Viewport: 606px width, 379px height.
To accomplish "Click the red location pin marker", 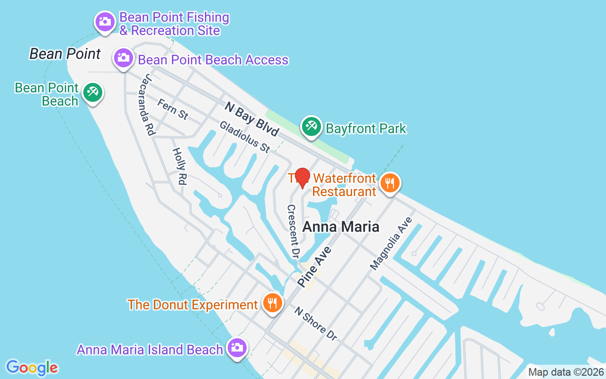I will pos(303,178).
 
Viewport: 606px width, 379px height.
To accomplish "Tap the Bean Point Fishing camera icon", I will pos(105,21).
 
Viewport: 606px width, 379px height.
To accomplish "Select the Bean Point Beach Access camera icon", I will pos(123,58).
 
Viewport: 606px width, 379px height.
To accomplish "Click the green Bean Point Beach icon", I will pos(92,92).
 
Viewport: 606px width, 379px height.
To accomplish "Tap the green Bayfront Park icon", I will pos(312,126).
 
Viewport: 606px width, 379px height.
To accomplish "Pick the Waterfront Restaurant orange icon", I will pos(390,182).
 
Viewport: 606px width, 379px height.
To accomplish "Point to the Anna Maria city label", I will pos(340,227).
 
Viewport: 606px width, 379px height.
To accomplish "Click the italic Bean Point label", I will pos(65,54).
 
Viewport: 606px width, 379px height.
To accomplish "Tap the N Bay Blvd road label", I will pos(251,119).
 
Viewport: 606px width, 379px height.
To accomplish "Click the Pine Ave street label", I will pos(314,266).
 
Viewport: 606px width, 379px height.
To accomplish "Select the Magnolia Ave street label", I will pos(392,244).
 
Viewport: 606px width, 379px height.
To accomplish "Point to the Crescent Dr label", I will pos(294,231).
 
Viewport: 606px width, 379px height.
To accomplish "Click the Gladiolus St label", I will pos(244,137).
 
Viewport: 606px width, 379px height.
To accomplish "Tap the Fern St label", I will pos(173,109).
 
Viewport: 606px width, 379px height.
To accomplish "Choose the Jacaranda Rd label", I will pos(148,105).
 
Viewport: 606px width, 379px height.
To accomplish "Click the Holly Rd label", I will pos(179,166).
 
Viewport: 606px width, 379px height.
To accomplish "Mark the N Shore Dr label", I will pos(316,324).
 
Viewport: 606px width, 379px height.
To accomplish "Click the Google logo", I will pos(32,368).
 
